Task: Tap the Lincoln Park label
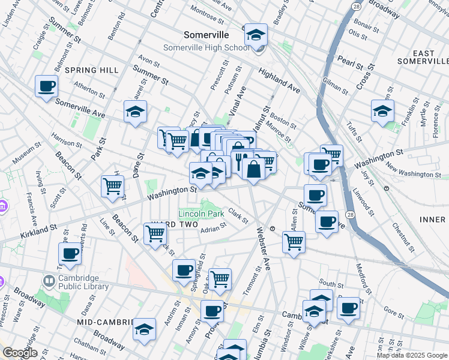click(200, 214)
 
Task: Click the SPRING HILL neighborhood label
click(92, 70)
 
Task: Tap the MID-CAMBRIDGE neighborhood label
click(104, 322)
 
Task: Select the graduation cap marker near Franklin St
click(382, 111)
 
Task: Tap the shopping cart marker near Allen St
click(294, 242)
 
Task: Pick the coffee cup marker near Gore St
click(348, 308)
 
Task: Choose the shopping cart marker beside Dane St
click(113, 187)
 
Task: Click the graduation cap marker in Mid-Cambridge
click(144, 330)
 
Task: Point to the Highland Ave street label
click(279, 80)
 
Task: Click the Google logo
click(19, 353)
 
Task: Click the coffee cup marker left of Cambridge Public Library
click(70, 254)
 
